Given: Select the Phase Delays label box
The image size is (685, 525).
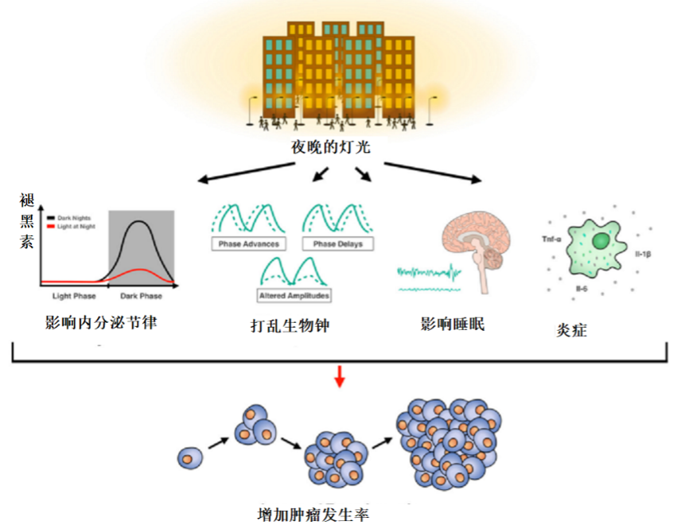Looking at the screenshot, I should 337,243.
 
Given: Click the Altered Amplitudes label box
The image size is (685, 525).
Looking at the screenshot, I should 294,295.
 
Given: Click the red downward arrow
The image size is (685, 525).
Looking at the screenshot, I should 340,376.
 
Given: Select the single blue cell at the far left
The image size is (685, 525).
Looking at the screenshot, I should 189,457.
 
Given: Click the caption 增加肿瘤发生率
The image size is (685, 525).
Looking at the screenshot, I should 313,513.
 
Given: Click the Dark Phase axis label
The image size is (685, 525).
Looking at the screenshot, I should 141,296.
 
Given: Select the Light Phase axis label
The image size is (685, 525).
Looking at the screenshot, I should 74,296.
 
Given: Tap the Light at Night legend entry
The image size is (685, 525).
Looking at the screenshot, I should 76,227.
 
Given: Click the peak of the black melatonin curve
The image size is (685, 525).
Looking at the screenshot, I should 142,221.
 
